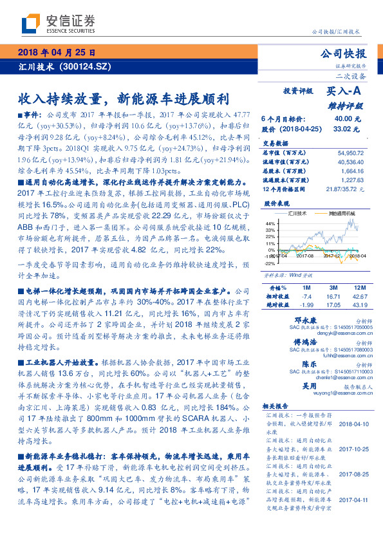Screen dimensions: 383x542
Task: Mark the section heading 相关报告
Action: (x=276, y=406)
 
